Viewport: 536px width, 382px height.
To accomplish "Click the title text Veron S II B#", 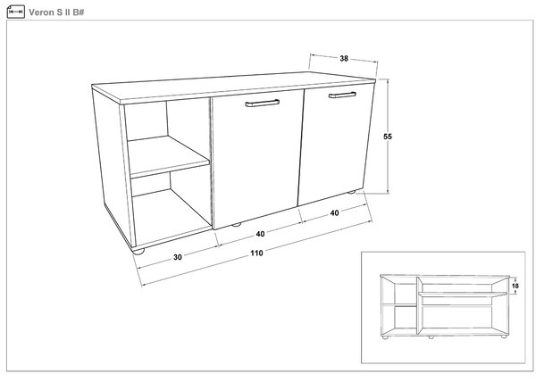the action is [x=56, y=12].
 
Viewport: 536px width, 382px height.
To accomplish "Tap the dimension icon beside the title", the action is [x=16, y=12].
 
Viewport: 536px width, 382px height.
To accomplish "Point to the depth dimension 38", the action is [x=344, y=59].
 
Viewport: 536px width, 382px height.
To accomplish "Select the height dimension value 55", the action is [x=388, y=137].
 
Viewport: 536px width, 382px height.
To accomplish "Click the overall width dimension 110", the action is [x=256, y=253].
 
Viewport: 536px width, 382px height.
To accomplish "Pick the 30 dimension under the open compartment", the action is [x=178, y=257].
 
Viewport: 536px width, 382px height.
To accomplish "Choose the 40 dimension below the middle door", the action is [x=260, y=234].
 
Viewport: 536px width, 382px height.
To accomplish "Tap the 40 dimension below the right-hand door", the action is [x=334, y=213].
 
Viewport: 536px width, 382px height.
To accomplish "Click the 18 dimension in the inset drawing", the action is [x=515, y=286].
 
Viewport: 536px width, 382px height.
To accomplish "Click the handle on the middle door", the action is [x=262, y=103].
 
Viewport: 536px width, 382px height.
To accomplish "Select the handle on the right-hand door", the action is [x=342, y=95].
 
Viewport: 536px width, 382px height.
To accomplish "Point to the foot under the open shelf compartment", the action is [x=138, y=251].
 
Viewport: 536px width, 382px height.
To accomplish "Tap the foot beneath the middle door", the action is [x=236, y=225].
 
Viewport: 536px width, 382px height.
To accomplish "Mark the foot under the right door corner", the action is [x=351, y=192].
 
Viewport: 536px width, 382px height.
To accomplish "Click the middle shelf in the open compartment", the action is [x=169, y=157].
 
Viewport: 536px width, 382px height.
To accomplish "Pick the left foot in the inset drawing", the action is [x=385, y=337].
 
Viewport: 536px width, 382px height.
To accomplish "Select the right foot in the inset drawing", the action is [x=504, y=336].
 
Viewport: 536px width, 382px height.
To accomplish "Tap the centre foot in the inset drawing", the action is [x=431, y=337].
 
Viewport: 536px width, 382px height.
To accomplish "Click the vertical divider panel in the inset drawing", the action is [x=419, y=305].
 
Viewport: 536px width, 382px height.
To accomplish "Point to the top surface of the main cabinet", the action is [x=234, y=87].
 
